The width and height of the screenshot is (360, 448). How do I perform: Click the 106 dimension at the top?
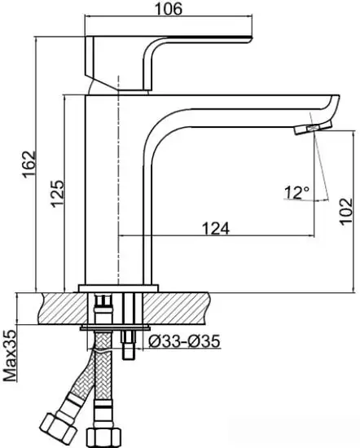pyautogui.click(x=169, y=10)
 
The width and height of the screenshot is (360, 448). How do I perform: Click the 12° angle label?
pyautogui.click(x=296, y=193)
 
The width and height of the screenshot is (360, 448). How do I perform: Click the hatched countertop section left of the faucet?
pyautogui.click(x=57, y=310)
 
